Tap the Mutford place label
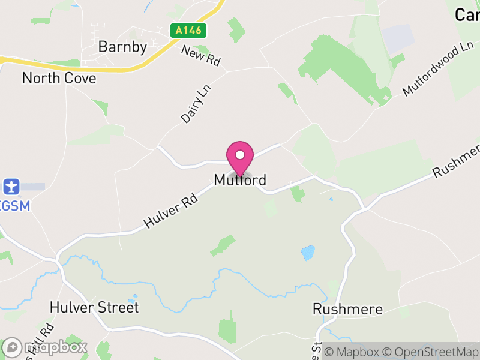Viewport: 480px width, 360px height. point(240,180)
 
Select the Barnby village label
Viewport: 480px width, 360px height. point(122,47)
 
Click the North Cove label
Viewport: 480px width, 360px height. point(59,78)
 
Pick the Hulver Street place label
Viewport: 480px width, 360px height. point(95,308)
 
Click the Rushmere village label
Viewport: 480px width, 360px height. point(347,310)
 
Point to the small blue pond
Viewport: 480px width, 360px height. point(308,253)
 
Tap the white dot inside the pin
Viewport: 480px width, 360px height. point(240,155)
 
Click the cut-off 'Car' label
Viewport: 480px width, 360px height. point(467,15)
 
